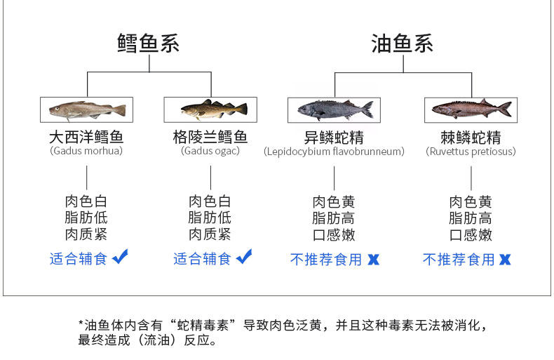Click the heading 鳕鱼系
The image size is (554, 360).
[148, 44]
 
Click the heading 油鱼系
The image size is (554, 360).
[402, 44]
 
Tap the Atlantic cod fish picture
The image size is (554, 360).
[86, 109]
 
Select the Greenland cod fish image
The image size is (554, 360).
[210, 109]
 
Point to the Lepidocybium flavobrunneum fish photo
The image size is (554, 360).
[334, 109]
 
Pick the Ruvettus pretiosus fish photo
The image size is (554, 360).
[471, 109]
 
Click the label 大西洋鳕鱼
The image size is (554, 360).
[86, 137]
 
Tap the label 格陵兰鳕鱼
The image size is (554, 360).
[210, 137]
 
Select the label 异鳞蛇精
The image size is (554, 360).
[334, 137]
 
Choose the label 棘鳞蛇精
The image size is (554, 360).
[471, 137]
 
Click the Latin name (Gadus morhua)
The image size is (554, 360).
[86, 151]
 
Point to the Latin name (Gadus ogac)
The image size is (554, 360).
[210, 151]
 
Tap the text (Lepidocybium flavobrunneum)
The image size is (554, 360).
[334, 152]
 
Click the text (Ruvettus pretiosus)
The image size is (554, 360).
[471, 152]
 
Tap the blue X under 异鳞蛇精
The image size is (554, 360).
[373, 260]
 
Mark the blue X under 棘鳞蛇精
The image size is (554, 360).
[505, 260]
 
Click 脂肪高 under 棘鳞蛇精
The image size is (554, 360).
[471, 218]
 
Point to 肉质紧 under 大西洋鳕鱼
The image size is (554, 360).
[86, 234]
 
